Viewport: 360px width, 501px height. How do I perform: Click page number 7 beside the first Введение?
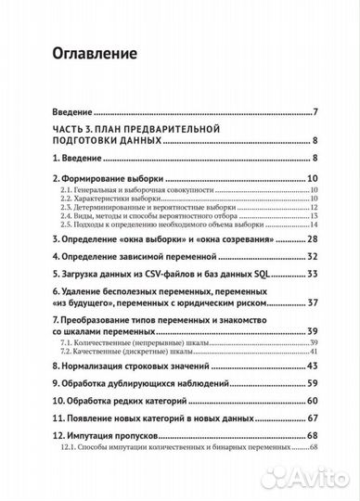tap(316, 113)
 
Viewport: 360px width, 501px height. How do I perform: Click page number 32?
tap(314, 256)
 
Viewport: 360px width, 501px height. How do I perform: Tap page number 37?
tap(314, 303)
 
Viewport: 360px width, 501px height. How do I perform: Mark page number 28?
tap(314, 239)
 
